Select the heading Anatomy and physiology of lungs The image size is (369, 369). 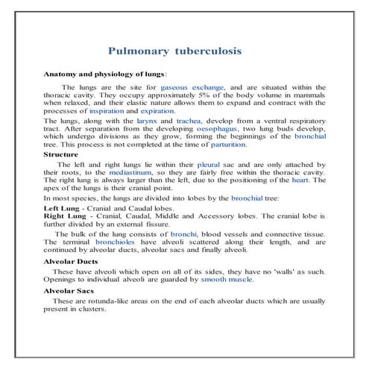(x=104, y=75)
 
